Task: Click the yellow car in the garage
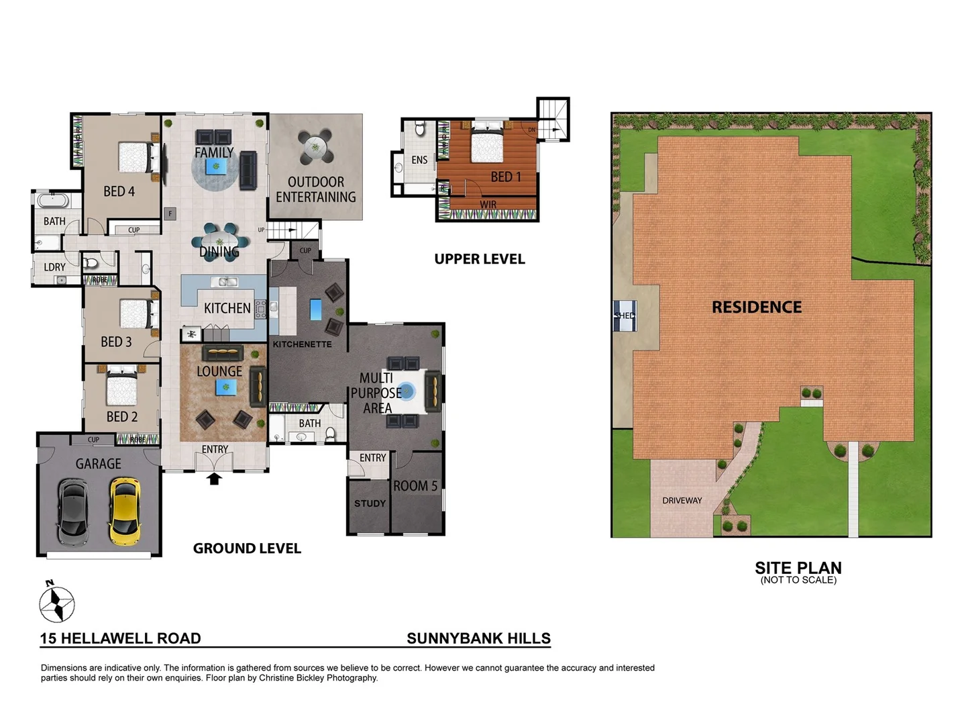click(125, 511)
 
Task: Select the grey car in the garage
click(72, 512)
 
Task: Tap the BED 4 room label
click(119, 192)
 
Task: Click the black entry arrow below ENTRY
click(214, 479)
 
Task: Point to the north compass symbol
click(56, 603)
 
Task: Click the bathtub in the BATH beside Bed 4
click(50, 200)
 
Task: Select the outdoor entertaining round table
click(315, 146)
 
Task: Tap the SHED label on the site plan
click(625, 316)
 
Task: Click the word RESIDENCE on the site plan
click(756, 307)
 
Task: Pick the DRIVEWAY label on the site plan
click(682, 501)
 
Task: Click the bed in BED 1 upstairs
click(487, 142)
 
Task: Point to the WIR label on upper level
click(488, 205)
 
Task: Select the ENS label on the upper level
click(419, 160)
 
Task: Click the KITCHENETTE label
click(302, 344)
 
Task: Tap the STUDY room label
click(370, 503)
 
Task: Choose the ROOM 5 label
click(415, 486)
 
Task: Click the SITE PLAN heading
click(798, 568)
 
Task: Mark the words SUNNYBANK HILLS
click(478, 638)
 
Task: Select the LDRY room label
click(54, 267)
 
